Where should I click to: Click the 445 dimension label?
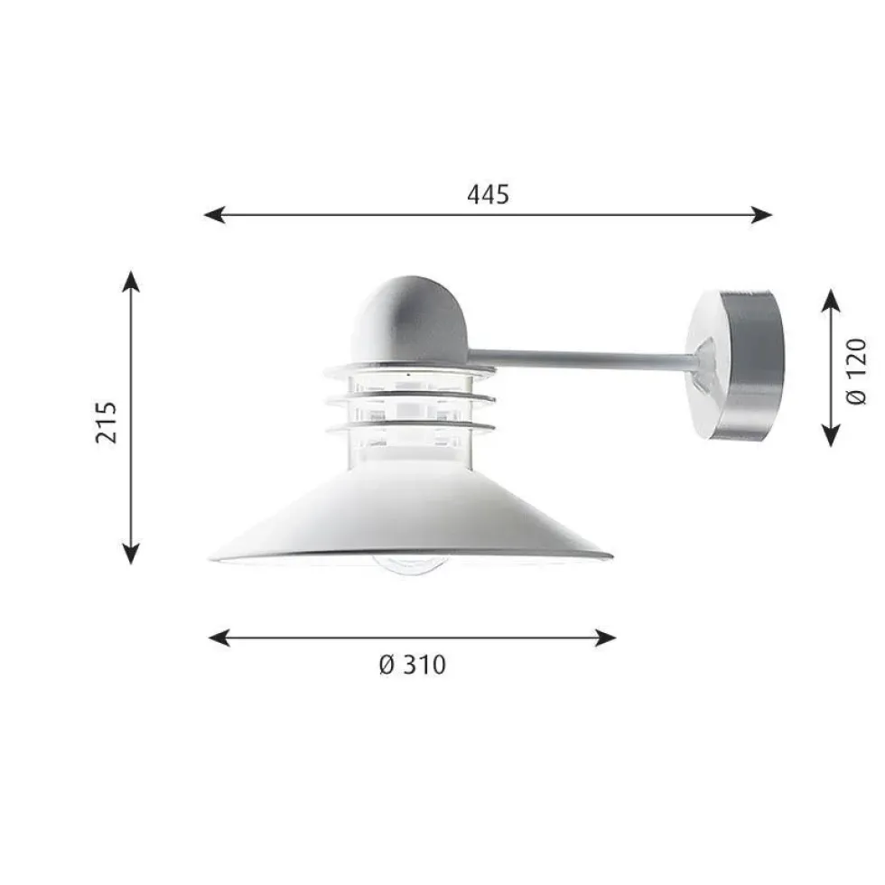coord(489,194)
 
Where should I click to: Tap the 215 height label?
coord(107,423)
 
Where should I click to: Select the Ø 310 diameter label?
coord(413,665)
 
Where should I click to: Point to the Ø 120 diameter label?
coord(856,371)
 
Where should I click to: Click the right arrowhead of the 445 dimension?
coord(761,215)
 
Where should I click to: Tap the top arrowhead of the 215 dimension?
coord(131,281)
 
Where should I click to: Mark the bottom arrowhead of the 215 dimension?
coord(131,554)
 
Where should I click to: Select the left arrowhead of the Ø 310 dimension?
coord(219,638)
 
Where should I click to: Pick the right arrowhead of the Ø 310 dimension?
coord(605,638)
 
